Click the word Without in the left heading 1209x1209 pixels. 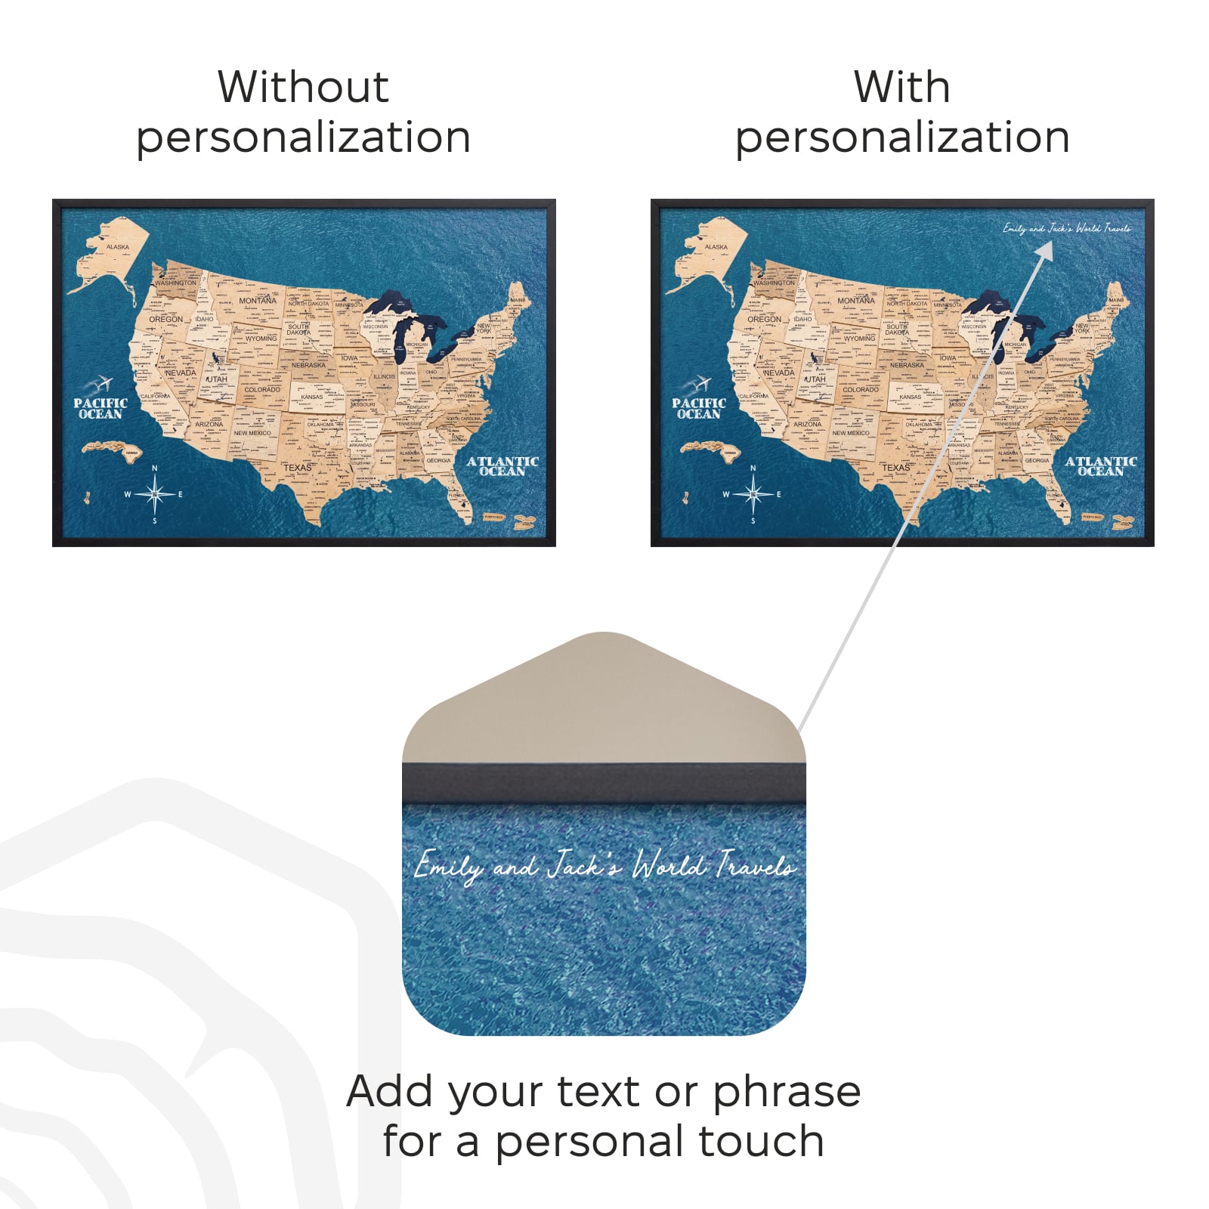(x=303, y=87)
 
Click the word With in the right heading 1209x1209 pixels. (x=901, y=87)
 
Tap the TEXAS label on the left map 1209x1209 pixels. (x=297, y=468)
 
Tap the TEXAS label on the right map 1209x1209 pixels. (x=895, y=468)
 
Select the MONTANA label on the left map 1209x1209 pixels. (x=258, y=301)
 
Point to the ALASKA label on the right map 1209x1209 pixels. (x=716, y=247)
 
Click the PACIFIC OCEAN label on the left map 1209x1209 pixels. (x=100, y=409)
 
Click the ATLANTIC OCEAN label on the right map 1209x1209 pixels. (x=1101, y=466)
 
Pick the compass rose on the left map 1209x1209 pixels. (x=155, y=494)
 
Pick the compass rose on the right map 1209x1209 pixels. (x=753, y=494)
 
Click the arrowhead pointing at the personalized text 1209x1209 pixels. (x=1045, y=251)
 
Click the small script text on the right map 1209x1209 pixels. (x=1066, y=228)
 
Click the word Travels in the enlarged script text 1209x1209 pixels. (x=755, y=865)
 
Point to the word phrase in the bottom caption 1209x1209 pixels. (x=787, y=1092)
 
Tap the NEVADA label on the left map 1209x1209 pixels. (x=181, y=373)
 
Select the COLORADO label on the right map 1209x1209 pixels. (x=861, y=390)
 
